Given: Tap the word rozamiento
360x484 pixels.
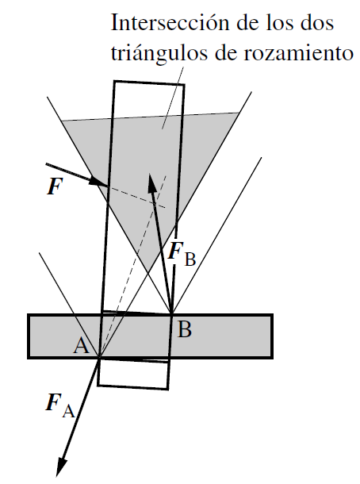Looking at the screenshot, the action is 298,53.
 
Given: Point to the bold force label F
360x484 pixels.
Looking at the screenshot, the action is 55,187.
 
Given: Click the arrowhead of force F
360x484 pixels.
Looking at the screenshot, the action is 98,182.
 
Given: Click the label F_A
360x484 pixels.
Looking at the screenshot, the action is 60,405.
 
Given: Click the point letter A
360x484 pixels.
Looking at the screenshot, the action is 81,345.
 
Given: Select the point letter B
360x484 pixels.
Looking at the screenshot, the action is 185,329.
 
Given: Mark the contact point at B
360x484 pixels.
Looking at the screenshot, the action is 171,313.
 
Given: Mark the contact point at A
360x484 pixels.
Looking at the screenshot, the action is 99,358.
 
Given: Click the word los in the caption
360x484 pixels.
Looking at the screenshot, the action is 278,22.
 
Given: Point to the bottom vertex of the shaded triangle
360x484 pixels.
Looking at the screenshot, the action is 149,272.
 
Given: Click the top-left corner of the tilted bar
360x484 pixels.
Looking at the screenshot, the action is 114,81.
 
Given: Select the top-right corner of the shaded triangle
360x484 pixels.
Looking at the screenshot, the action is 239,113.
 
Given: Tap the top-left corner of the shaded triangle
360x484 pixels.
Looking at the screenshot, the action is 62,121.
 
